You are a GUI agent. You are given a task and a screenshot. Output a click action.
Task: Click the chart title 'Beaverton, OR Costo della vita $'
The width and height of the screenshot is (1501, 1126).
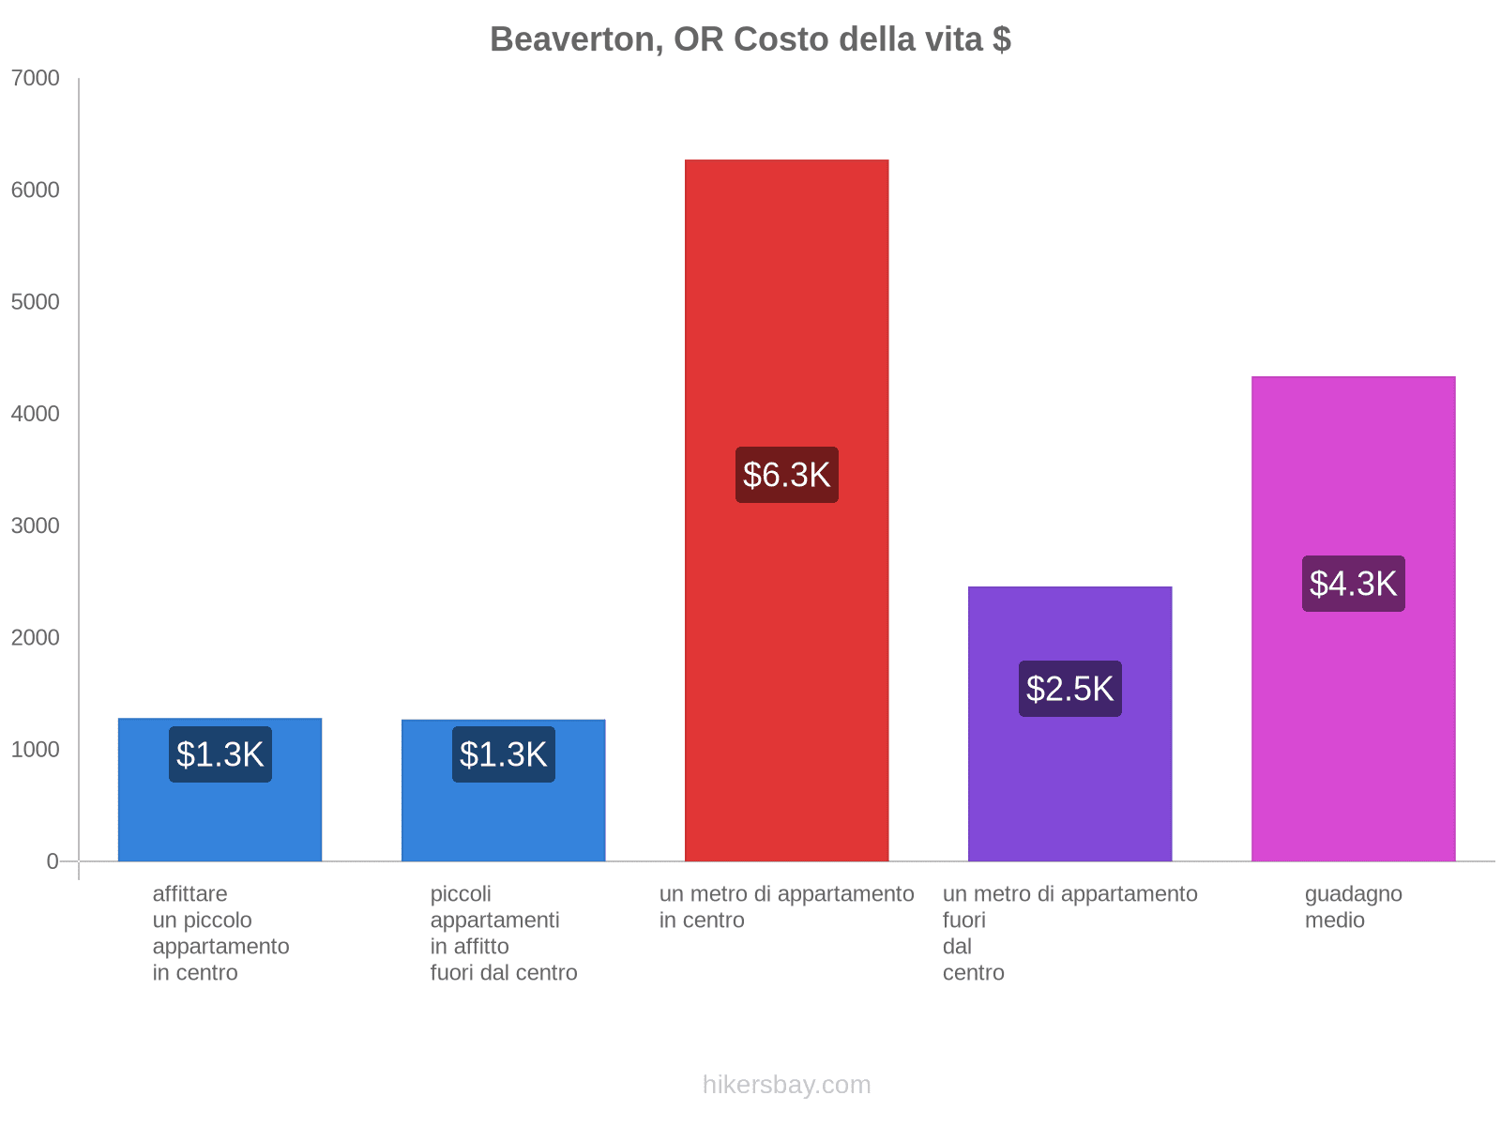point(750,39)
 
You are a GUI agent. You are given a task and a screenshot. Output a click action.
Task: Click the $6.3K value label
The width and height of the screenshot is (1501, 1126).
point(786,475)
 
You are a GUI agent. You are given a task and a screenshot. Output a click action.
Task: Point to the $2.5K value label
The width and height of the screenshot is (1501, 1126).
point(1069,689)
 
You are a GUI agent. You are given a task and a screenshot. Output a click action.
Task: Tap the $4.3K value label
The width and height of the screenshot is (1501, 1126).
point(1353,584)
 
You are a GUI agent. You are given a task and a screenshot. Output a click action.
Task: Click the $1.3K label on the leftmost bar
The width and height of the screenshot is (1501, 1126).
point(220,754)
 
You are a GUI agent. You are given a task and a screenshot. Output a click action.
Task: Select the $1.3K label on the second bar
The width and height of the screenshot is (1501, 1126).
point(503,754)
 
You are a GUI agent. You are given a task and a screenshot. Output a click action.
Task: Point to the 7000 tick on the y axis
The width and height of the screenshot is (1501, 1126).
point(36,79)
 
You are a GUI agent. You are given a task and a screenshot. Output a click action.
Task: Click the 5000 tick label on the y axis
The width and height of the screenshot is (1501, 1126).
point(36,302)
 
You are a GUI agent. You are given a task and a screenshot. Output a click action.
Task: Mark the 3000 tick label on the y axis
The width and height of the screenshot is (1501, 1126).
point(36,525)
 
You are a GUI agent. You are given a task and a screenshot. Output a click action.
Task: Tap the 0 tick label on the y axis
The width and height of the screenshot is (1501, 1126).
point(53,861)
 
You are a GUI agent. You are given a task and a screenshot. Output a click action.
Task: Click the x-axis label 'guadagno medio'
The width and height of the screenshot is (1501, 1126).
point(1353,907)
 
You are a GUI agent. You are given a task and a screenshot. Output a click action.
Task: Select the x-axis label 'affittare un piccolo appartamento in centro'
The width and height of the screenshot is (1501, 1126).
point(220,934)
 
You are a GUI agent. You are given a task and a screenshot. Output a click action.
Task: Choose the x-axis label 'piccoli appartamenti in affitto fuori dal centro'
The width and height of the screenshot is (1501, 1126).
point(503,934)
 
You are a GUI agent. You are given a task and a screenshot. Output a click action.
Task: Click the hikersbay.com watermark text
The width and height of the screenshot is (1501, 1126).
point(786,1085)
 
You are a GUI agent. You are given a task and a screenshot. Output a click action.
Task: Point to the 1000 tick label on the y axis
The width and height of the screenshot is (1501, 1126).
point(36,750)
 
